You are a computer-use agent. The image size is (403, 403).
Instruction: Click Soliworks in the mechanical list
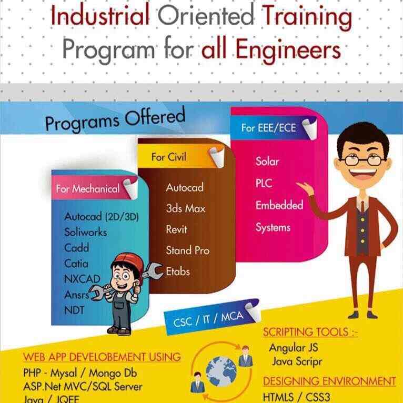[x=85, y=231]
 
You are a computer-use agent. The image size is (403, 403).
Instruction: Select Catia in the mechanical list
[x=76, y=263]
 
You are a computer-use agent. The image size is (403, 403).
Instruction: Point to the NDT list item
[x=74, y=310]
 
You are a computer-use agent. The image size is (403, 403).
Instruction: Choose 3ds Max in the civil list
[x=186, y=208]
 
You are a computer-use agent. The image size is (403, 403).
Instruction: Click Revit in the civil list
[x=176, y=229]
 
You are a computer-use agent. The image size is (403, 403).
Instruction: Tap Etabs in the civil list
[x=178, y=271]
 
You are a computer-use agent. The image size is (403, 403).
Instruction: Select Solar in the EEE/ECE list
[x=267, y=161]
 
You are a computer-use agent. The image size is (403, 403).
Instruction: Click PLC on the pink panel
[x=264, y=183]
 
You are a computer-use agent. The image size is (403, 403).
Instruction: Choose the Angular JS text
[x=294, y=348]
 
